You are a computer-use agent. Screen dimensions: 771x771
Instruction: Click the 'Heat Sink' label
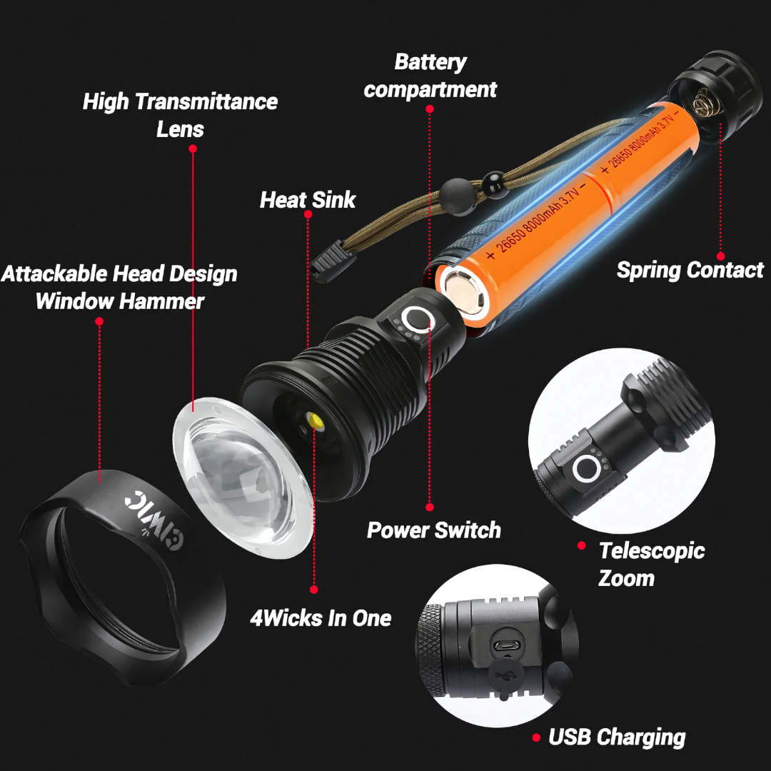pos(307,200)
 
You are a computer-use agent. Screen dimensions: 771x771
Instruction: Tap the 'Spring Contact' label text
pos(690,270)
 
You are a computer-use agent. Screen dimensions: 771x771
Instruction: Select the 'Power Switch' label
pos(434,530)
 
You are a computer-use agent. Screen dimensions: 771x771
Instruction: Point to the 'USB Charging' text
pos(617,737)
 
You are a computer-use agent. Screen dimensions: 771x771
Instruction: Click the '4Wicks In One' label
pos(321,618)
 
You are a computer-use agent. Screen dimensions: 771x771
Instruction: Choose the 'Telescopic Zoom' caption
pos(652,565)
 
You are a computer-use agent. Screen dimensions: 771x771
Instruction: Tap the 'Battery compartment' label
pos(430,76)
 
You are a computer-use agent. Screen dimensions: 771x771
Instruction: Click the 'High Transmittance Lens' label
pos(180,116)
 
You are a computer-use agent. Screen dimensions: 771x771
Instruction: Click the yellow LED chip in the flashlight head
pos(314,421)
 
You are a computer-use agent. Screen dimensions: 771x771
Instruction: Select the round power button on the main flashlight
pos(416,318)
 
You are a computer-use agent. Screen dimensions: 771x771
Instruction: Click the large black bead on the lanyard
pos(458,198)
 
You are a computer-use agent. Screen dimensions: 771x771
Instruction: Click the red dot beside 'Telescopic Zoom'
pos(581,545)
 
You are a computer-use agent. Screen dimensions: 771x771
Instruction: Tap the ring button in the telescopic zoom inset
pos(587,468)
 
